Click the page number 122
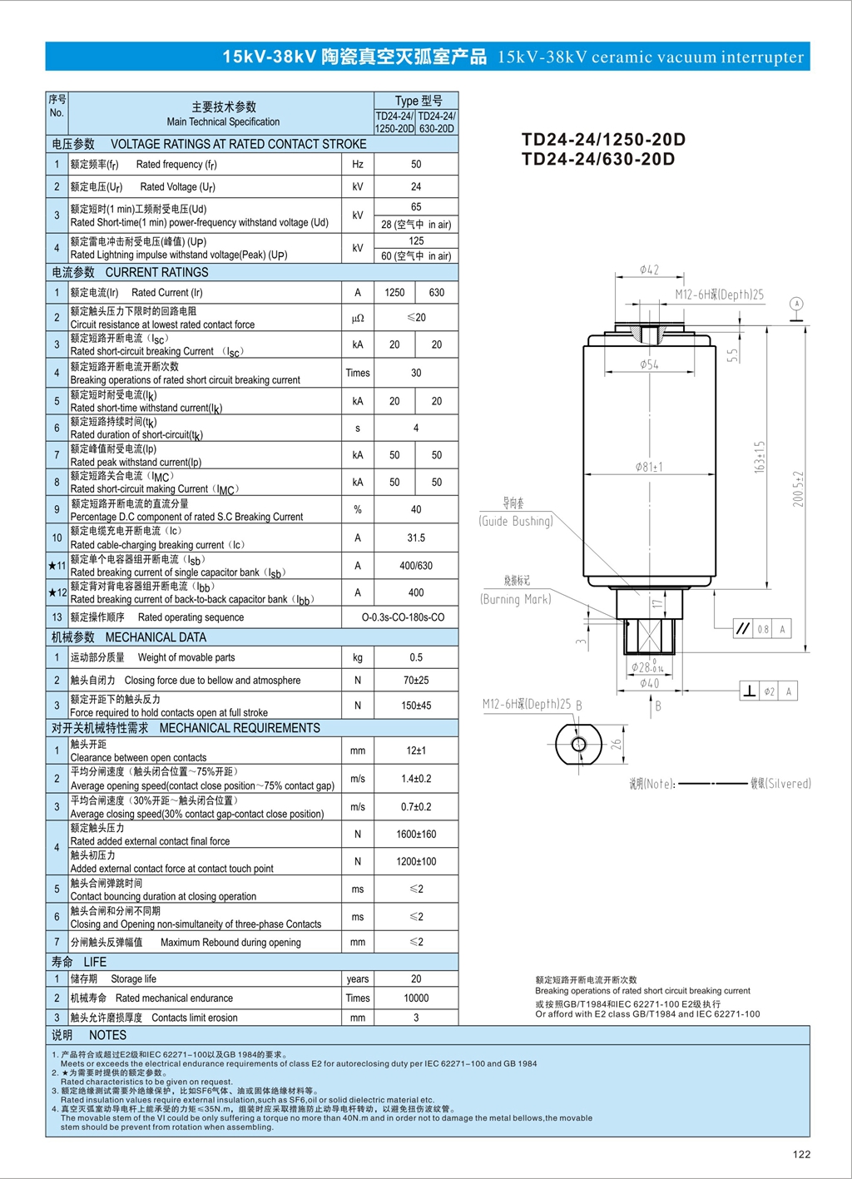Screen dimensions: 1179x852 tap(801, 1153)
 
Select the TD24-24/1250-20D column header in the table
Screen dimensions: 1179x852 tap(394, 122)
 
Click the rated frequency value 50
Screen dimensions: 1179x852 tap(416, 165)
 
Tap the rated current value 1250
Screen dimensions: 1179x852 tap(394, 293)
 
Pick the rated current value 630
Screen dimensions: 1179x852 tap(437, 293)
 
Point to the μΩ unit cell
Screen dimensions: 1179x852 tap(358, 318)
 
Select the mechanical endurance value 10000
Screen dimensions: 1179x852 tap(416, 998)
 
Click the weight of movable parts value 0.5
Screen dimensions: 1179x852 tap(416, 657)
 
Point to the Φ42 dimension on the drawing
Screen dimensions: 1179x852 tap(649, 270)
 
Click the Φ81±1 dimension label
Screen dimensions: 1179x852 tap(649, 467)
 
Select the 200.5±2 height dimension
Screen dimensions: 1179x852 tap(798, 489)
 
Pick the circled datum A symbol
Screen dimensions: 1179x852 tap(796, 304)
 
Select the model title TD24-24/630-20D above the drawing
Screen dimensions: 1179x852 tap(598, 159)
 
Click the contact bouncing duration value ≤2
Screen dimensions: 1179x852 tap(416, 889)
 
